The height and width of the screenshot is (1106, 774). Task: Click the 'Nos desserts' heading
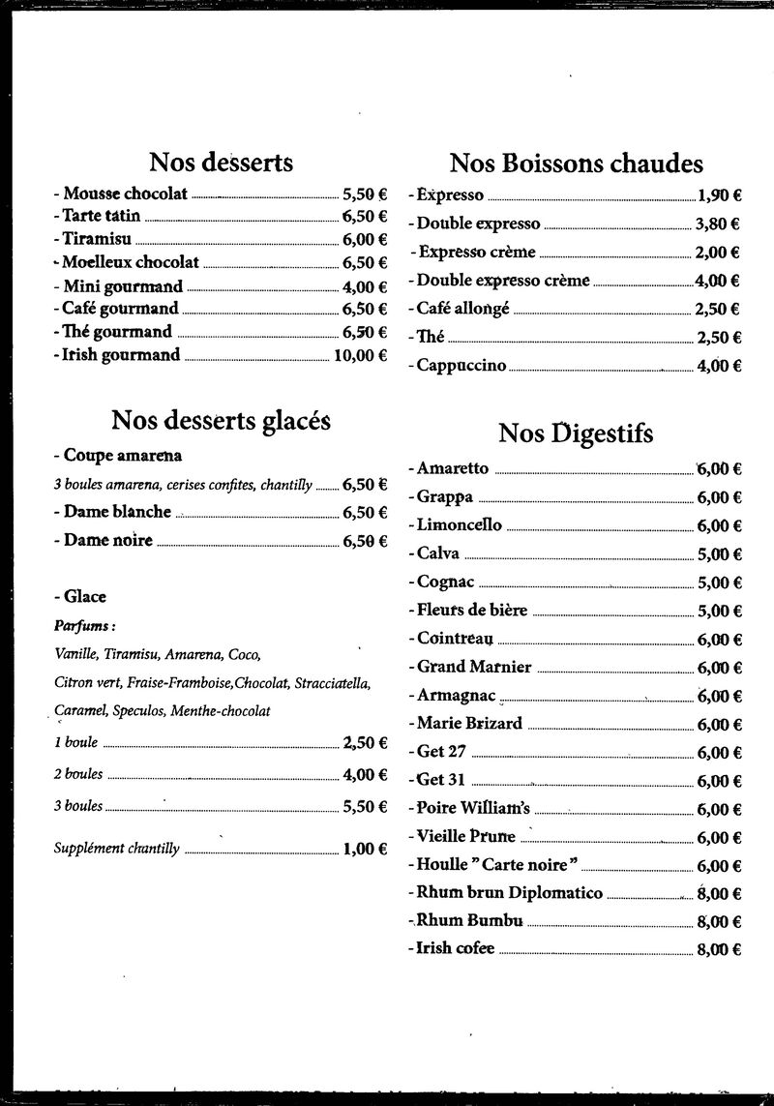click(221, 162)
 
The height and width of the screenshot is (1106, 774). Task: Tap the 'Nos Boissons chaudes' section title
click(577, 163)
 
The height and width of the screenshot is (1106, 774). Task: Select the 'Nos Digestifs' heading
click(576, 433)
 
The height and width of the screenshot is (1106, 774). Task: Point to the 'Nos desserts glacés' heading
click(221, 421)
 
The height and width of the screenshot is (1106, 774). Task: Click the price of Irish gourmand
click(360, 355)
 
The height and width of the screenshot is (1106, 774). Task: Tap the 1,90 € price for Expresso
click(719, 195)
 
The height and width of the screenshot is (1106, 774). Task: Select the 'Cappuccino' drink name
click(461, 366)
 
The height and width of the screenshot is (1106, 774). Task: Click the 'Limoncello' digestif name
click(459, 525)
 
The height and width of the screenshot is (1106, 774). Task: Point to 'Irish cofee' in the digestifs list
click(455, 948)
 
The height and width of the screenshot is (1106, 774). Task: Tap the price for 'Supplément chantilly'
click(365, 850)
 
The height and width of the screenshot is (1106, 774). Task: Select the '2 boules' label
click(78, 774)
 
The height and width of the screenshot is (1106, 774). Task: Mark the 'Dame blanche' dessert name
click(117, 512)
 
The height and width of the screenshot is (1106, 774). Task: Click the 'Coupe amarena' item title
click(123, 455)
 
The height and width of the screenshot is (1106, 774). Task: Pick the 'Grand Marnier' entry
click(474, 667)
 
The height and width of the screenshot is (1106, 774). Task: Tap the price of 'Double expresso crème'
click(717, 281)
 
